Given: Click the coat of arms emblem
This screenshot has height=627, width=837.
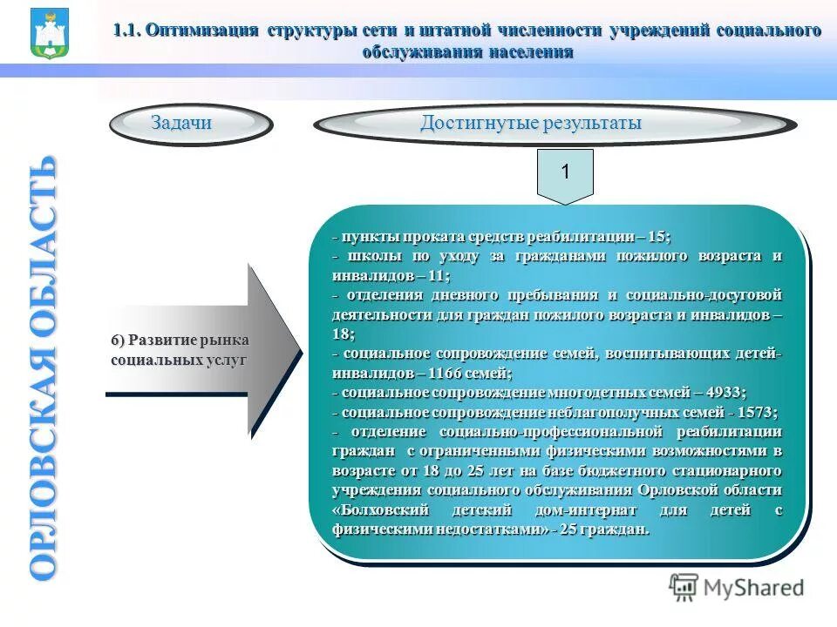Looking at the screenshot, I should [49, 32].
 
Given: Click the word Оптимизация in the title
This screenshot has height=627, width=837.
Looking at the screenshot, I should [203, 31].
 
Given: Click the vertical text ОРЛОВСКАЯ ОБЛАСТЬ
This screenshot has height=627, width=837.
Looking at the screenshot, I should [44, 366].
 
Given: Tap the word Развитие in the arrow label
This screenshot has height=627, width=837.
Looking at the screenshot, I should [167, 340].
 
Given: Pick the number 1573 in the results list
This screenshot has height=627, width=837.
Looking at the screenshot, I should [754, 412].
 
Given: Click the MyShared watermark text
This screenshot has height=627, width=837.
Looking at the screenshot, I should [752, 588].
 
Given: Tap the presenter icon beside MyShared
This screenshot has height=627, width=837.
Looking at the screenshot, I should [684, 588].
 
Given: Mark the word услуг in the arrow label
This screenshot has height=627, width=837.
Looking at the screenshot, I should [227, 359].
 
